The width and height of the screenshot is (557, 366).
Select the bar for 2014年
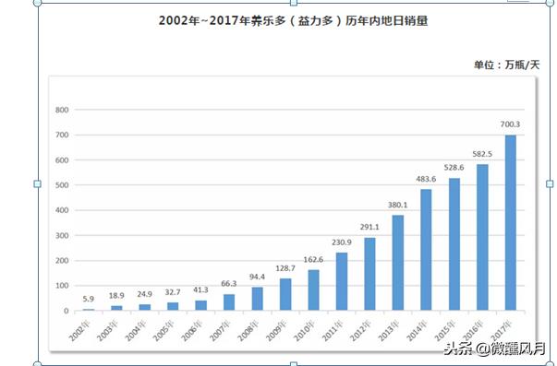pos(426,250)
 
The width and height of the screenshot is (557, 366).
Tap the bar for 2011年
pos(342,281)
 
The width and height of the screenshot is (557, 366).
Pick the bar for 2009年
pos(285,294)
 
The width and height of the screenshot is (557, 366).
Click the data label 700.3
pos(510,124)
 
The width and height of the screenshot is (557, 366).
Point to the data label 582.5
pos(482,154)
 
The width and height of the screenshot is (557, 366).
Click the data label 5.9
pos(89,299)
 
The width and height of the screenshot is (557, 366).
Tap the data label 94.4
pos(257,277)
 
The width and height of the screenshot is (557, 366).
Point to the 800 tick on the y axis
pos(62,110)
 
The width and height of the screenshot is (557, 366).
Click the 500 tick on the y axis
pos(62,185)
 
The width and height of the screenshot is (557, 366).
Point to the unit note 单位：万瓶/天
pos(506,65)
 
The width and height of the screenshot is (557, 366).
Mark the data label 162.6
pos(313,259)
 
